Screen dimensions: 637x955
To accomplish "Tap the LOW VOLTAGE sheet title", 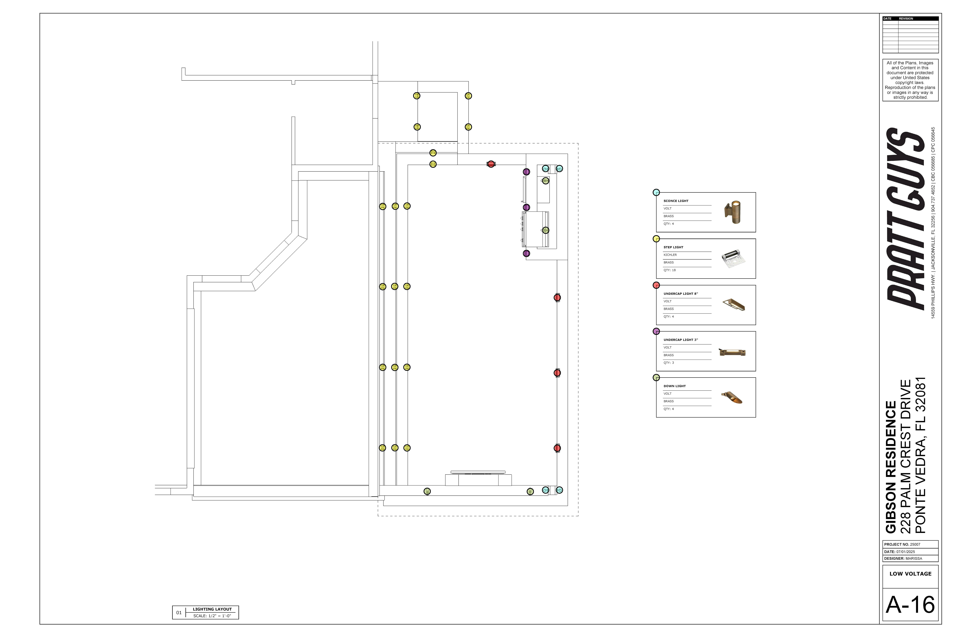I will point(910,574).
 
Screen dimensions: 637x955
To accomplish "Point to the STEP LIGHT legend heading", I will point(673,247).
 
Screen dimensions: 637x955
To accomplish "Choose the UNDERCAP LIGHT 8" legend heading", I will point(680,293).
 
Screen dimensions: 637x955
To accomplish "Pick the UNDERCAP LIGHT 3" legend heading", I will point(680,340).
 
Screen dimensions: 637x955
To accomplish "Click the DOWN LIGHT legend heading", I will point(674,386).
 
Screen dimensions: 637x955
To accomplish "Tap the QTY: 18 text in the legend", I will point(670,270).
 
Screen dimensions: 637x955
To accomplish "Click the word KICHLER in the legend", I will point(670,255).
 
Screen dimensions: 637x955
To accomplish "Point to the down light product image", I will point(732,397).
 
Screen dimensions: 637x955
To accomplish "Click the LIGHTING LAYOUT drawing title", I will point(212,609).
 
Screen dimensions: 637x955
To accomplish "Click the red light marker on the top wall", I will point(491,164).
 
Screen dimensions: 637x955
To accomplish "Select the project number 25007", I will point(915,544).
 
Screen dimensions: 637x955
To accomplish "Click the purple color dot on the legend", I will point(656,332).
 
